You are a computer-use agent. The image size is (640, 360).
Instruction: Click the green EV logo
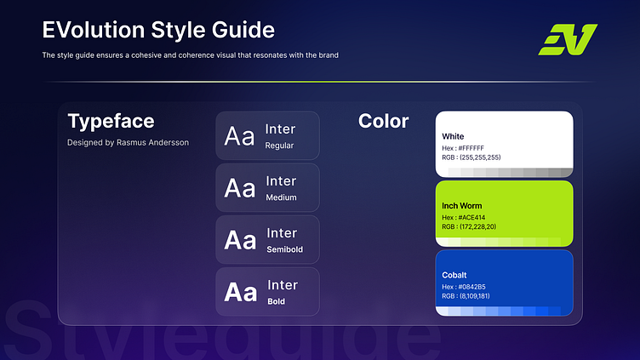pos(568,40)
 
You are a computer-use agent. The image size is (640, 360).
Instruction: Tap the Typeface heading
pos(111,121)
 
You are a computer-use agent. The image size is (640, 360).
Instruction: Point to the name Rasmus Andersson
pos(152,142)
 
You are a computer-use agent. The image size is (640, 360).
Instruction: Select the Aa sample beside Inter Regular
pos(239,136)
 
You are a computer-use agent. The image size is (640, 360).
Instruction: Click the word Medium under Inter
pos(281,197)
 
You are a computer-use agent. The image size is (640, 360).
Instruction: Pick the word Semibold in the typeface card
pos(285,249)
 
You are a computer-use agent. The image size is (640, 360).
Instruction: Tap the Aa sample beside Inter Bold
pos(240,292)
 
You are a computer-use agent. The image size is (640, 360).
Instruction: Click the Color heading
pos(383,121)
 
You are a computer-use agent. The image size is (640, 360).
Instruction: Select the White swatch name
pos(453,136)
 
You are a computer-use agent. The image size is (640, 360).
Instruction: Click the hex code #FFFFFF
pos(471,148)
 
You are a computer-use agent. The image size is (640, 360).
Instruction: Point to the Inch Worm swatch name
pos(461,206)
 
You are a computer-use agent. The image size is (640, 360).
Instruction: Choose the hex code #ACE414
pos(471,218)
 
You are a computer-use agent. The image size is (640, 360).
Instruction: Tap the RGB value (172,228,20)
pos(478,226)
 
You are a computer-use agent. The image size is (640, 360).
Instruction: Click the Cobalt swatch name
pos(454,275)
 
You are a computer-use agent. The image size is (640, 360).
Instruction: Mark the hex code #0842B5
pos(471,287)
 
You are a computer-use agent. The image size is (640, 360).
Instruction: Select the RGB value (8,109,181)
pos(475,296)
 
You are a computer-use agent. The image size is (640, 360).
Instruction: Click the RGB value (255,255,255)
pos(480,157)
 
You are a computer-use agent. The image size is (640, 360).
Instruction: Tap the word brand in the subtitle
pos(329,55)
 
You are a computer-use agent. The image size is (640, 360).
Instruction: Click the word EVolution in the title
pos(94,30)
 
